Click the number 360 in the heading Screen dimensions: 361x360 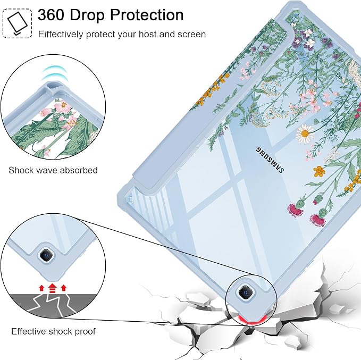click(x=51, y=15)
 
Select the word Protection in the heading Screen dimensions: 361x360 click(x=147, y=15)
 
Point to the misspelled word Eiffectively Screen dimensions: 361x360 click(x=61, y=35)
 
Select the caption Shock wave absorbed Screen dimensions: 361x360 click(x=53, y=170)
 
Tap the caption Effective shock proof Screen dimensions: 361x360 click(x=53, y=331)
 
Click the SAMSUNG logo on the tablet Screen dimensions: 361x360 click(x=270, y=160)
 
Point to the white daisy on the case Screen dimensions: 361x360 click(x=305, y=133)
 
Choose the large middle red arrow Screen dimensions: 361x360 click(x=53, y=288)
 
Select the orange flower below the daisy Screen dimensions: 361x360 click(x=320, y=171)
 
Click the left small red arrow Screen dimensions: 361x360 click(x=41, y=288)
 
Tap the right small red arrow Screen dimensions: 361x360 click(x=64, y=288)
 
